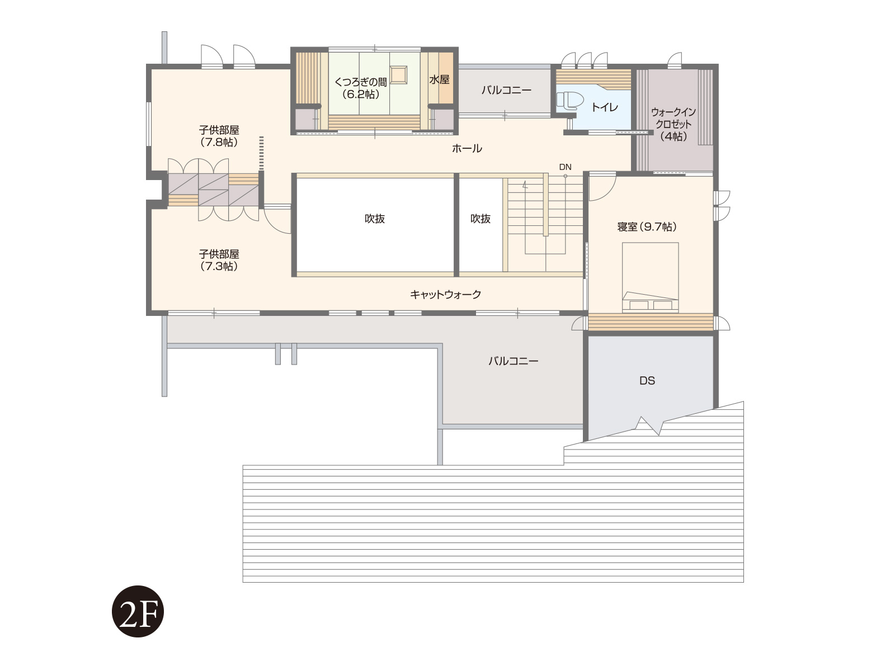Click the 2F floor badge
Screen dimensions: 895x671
pyautogui.click(x=138, y=611)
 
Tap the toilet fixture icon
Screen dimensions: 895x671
pyautogui.click(x=569, y=101)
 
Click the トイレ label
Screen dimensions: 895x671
pyautogui.click(x=605, y=107)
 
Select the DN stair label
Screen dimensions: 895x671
pyautogui.click(x=565, y=167)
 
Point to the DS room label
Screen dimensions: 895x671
pyautogui.click(x=647, y=381)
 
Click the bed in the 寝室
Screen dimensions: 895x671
pyautogui.click(x=651, y=277)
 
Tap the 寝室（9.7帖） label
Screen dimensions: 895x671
pyautogui.click(x=647, y=226)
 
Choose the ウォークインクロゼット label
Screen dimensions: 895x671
pyautogui.click(x=673, y=124)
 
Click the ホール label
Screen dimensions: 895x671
pyautogui.click(x=467, y=148)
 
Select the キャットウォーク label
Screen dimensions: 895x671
pyautogui.click(x=445, y=294)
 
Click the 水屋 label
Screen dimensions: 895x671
pyautogui.click(x=439, y=80)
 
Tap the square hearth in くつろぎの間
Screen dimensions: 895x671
pyautogui.click(x=398, y=75)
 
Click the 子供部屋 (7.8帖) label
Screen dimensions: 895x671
pyautogui.click(x=219, y=136)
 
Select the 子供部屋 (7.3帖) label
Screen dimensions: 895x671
pyautogui.click(x=219, y=260)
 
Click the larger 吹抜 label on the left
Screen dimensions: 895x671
pyautogui.click(x=375, y=219)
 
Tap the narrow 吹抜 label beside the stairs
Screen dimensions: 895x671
pyautogui.click(x=481, y=219)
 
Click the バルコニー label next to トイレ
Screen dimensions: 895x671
pyautogui.click(x=506, y=90)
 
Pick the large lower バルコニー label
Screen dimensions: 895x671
pyautogui.click(x=514, y=361)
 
